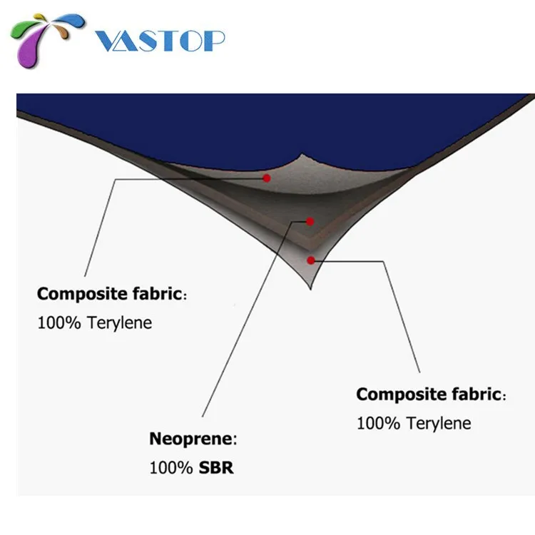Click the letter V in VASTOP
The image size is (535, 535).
click(107, 41)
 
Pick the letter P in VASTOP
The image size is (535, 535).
click(213, 41)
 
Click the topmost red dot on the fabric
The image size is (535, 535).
click(267, 178)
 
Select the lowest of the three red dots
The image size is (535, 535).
click(310, 260)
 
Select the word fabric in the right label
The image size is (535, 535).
click(475, 394)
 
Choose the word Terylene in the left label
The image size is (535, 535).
click(120, 323)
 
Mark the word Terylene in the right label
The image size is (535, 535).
click(439, 424)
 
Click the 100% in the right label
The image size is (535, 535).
click(379, 424)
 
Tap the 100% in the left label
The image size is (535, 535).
click(59, 323)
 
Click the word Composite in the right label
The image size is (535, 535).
click(397, 394)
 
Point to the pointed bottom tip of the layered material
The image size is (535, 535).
click(312, 289)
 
